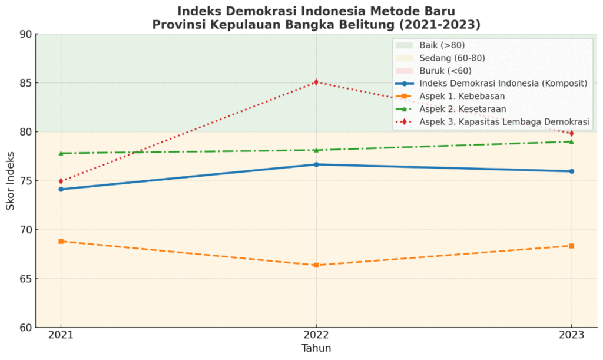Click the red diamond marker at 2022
click(316, 82)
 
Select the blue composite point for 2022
click(316, 164)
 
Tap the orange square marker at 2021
click(61, 241)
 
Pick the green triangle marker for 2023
click(571, 141)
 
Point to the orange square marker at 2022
click(316, 265)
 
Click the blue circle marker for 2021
click(61, 189)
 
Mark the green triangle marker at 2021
click(61, 153)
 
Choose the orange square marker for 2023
click(571, 246)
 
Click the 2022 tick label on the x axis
click(316, 335)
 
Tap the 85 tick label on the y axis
click(24, 83)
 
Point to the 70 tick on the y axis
click(24, 230)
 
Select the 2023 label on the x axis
click(571, 335)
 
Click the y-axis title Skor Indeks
click(11, 181)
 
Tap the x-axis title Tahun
click(316, 348)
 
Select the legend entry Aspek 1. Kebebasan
click(462, 96)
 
